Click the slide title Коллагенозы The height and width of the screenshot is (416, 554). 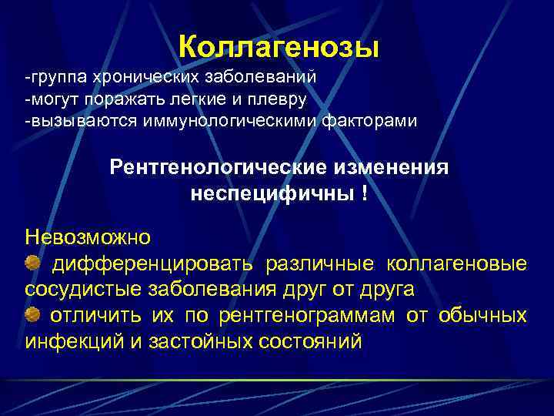tap(279, 47)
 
